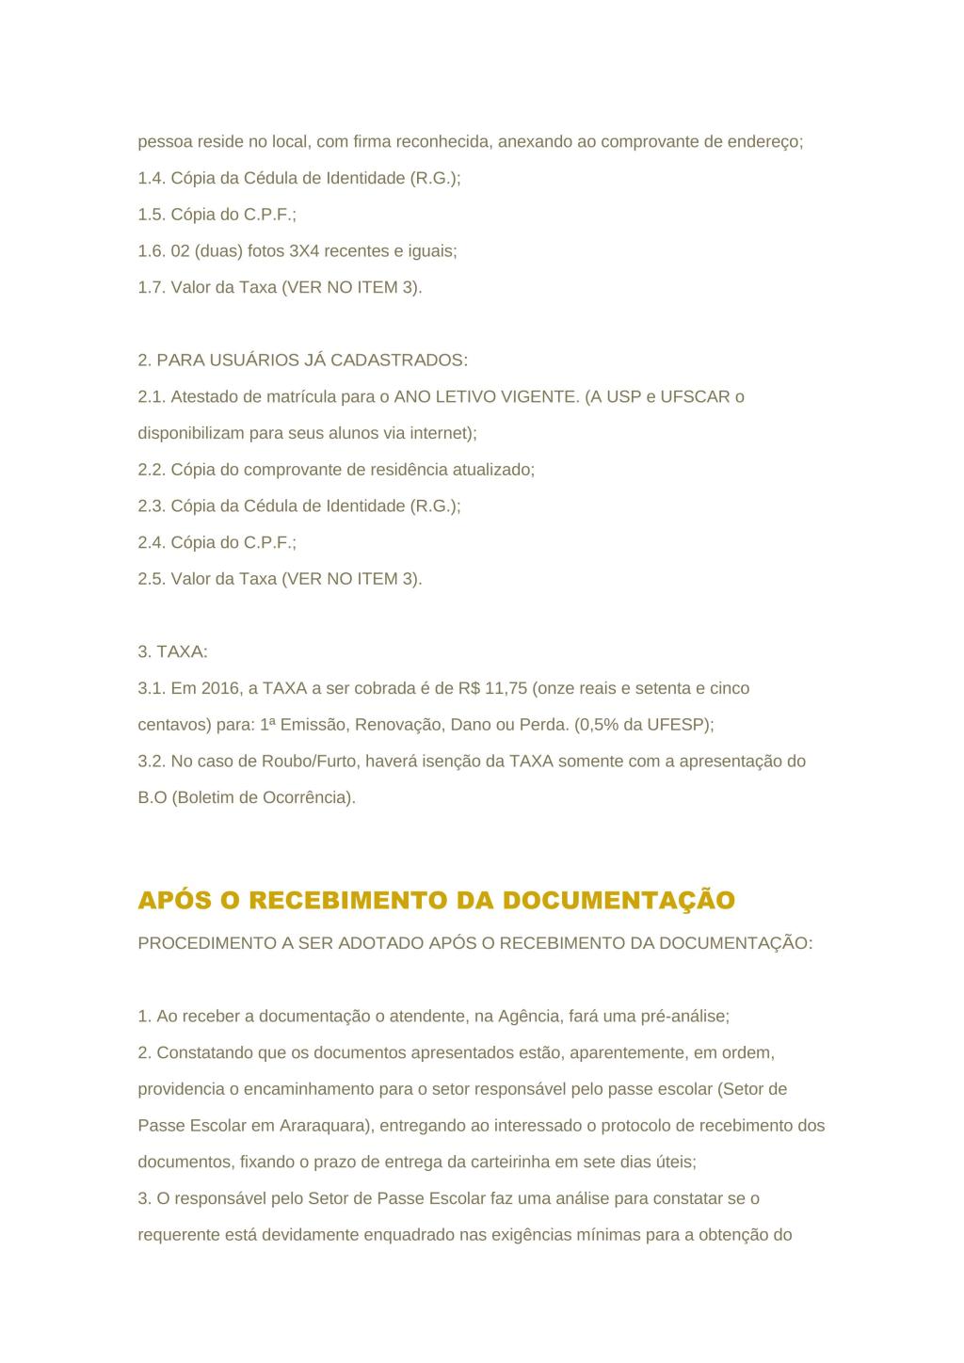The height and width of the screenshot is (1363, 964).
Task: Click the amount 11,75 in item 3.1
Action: click(506, 688)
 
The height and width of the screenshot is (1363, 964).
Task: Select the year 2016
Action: click(220, 688)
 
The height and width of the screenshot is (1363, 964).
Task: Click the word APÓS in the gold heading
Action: click(175, 901)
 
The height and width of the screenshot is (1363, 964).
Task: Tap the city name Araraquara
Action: click(321, 1125)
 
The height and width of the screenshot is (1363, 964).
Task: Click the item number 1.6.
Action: click(152, 251)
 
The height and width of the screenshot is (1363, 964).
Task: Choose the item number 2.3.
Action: click(152, 505)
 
